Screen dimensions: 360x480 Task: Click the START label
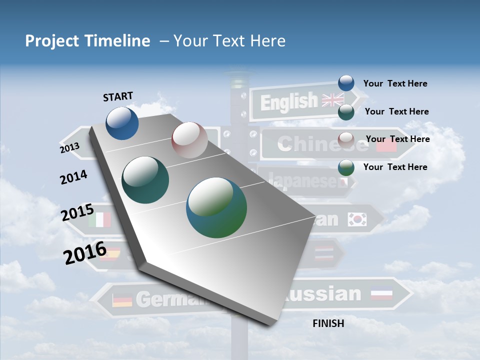click(118, 96)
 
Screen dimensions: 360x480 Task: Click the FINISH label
click(328, 323)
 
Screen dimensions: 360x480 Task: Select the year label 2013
click(69, 148)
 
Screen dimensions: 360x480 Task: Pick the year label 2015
click(77, 212)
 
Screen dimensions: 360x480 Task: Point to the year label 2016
click(85, 252)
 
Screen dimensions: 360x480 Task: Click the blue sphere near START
click(122, 123)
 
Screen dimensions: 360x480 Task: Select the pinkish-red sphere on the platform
click(189, 140)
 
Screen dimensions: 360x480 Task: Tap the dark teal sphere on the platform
click(145, 180)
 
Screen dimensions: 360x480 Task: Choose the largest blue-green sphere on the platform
click(216, 207)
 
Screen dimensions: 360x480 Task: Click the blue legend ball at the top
click(346, 83)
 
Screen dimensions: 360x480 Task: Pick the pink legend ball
click(346, 139)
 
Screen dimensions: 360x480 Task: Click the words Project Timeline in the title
click(87, 41)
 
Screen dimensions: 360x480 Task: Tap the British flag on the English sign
click(333, 100)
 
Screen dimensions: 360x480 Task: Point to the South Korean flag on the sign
click(357, 219)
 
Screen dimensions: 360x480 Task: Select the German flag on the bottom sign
click(122, 300)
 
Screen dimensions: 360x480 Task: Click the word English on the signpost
click(289, 102)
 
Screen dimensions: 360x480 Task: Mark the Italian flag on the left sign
click(99, 219)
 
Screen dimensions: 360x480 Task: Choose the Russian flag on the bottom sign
click(381, 294)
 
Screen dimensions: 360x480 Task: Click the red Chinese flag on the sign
click(386, 145)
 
